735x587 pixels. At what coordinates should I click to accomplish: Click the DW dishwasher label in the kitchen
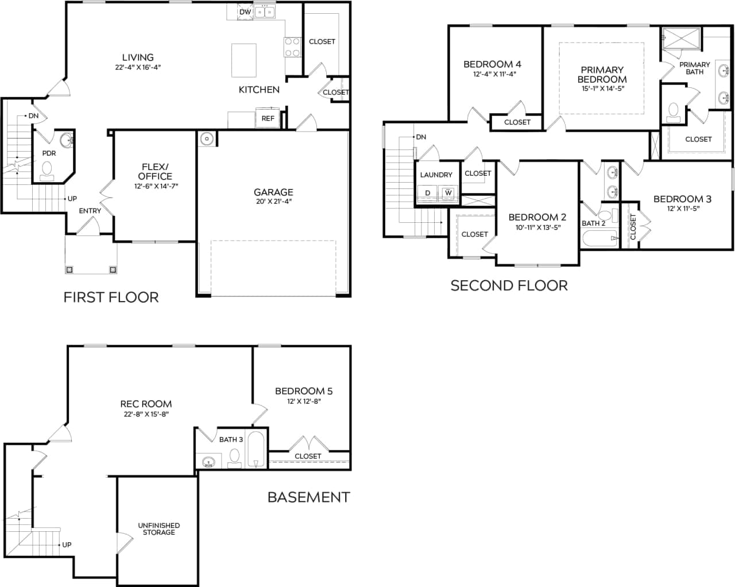coord(245,11)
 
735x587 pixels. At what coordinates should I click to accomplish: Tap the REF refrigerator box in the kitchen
coord(268,118)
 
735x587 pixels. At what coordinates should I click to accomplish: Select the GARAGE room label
coord(273,192)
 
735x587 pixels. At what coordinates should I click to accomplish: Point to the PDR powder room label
coord(49,153)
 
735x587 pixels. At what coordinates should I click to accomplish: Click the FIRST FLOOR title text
coord(111,297)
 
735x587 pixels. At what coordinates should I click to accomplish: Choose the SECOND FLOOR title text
coord(509,285)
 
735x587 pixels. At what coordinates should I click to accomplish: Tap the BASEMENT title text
coord(308,497)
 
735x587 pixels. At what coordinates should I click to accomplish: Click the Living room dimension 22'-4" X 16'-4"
coord(138,67)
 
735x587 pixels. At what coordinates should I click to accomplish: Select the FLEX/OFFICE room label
coord(155,172)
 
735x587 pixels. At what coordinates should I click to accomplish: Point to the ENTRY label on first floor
coord(90,211)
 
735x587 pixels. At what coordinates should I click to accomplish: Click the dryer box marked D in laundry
coord(427,193)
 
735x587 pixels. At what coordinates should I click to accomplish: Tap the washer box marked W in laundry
coord(448,193)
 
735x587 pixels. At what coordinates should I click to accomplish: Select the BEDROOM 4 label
coord(492,64)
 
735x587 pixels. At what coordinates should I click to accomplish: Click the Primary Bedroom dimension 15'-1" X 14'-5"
coord(602,89)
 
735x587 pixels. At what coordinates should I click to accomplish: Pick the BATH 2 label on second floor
coord(594,223)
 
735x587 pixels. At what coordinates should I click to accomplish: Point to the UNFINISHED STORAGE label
coord(158,529)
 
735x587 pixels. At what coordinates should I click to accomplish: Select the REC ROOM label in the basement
coord(146,404)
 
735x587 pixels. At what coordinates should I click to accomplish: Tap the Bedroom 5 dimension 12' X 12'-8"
coord(304,401)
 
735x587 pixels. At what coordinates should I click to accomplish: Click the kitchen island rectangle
coord(243,60)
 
